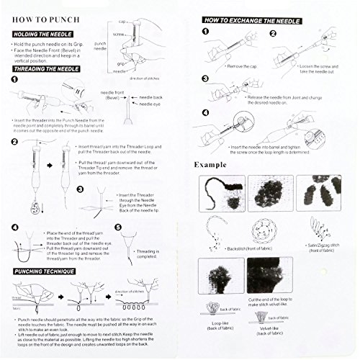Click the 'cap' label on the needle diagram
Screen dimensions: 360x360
pos(120,21)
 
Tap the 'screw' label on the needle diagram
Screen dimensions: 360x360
pos(119,34)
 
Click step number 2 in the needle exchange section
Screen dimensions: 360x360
pos(275,33)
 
